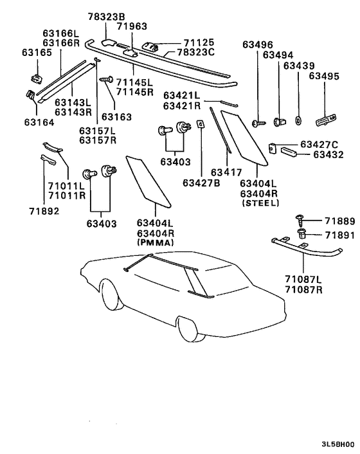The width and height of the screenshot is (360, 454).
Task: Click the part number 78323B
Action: pos(107,17)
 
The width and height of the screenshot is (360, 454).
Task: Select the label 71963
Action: pos(132,26)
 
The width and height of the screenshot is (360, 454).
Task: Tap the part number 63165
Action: pos(37,52)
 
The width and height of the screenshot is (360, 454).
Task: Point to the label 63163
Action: pos(116,116)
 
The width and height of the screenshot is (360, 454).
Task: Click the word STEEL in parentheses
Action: pos(261,203)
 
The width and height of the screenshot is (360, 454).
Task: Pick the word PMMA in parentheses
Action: pos(156,242)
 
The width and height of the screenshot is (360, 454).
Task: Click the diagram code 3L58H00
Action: pos(337,444)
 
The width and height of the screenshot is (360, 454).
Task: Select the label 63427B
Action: pos(201,183)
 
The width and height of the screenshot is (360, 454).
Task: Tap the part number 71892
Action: pos(44,211)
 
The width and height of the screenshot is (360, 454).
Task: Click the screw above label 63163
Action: pos(106,79)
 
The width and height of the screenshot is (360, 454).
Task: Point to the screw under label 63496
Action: pos(258,123)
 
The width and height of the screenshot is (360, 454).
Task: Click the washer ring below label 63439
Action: pos(298,120)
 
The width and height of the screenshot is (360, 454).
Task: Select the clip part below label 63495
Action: pos(326,120)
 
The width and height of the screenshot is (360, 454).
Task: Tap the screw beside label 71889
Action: pos(299,221)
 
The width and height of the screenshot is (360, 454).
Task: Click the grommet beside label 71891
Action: pos(301,233)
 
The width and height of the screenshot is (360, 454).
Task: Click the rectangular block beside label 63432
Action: pos(289,151)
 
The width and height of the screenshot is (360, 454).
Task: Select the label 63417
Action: pos(226,172)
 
